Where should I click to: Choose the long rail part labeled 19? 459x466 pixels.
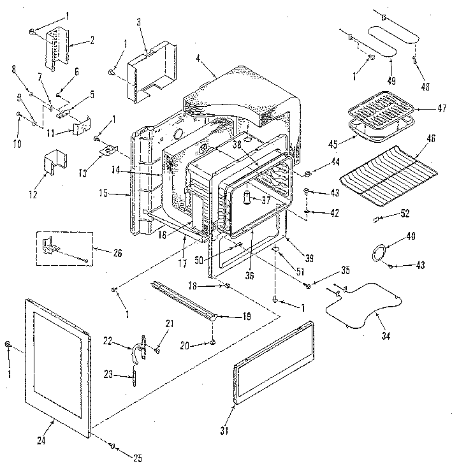coord(185,300)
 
